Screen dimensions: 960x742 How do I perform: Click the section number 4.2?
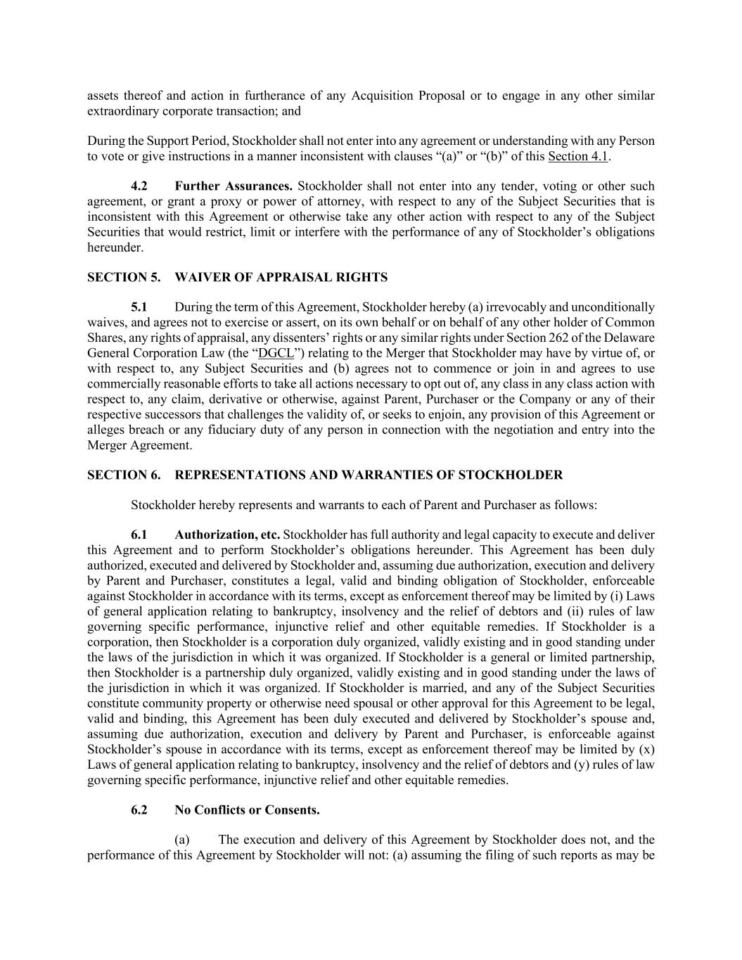point(139,186)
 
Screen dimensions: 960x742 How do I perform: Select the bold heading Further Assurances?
point(234,186)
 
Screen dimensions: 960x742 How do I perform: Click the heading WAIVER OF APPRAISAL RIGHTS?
point(281,278)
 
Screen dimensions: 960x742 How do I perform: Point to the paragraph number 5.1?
point(139,307)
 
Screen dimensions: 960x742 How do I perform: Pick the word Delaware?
point(631,338)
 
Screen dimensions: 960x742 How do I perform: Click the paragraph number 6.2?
point(139,810)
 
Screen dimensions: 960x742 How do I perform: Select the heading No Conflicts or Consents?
point(247,810)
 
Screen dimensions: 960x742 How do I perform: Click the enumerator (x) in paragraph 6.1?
point(646,749)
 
